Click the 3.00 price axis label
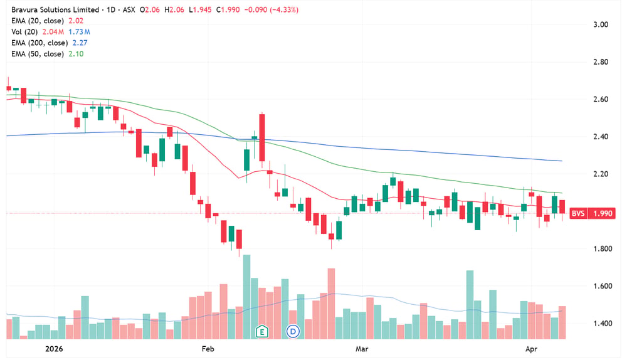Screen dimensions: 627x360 (x=601, y=24)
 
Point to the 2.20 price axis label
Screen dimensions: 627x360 (x=601, y=174)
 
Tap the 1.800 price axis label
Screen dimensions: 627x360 (x=602, y=249)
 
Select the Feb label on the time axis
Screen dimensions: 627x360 (x=208, y=349)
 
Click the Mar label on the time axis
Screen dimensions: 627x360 (x=362, y=349)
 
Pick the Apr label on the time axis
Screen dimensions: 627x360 (x=531, y=349)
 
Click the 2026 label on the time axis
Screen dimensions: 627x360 (x=54, y=349)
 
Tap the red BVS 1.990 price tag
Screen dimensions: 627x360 (x=592, y=213)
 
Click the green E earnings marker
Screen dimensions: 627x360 (x=262, y=331)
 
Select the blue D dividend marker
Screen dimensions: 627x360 (x=293, y=331)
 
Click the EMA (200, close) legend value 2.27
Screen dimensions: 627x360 (x=80, y=43)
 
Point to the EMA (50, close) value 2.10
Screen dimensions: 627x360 (x=76, y=54)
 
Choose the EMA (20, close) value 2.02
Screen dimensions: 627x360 (x=76, y=21)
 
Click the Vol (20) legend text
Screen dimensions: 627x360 (x=24, y=32)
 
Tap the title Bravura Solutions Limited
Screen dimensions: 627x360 (x=55, y=9)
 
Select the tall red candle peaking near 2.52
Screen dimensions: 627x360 (x=262, y=137)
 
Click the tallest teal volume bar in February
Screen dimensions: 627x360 (x=246, y=297)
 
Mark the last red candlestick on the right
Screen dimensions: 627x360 (x=562, y=207)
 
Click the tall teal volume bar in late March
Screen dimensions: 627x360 (x=470, y=305)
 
